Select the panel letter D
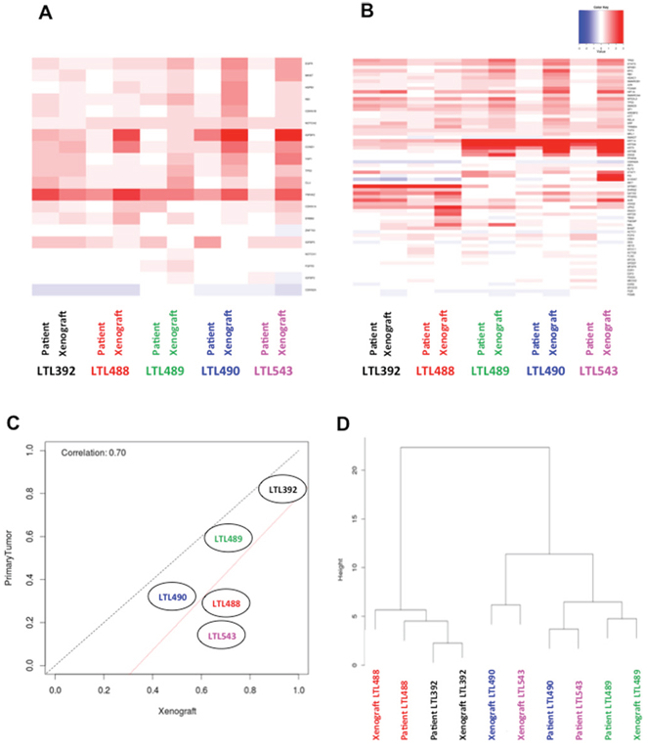pyautogui.click(x=345, y=424)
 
